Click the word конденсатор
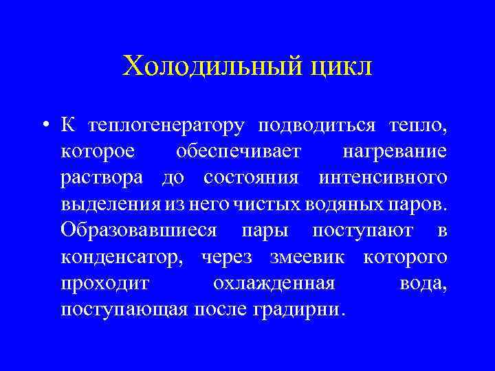point(126,257)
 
